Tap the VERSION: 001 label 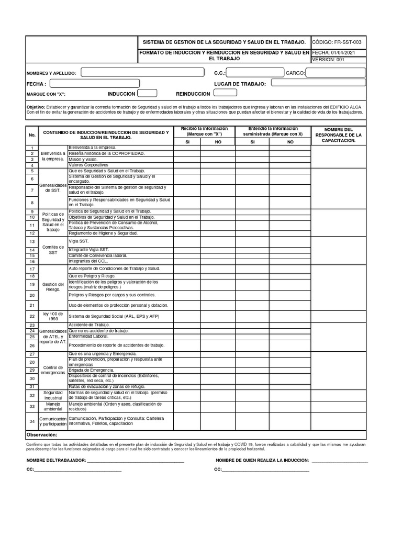(x=328, y=60)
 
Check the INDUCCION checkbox (x=147, y=93)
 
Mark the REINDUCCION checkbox (x=226, y=93)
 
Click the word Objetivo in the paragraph (x=36, y=106)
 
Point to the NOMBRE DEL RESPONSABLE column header (x=338, y=135)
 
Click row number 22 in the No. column (x=32, y=317)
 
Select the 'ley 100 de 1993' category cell (x=53, y=317)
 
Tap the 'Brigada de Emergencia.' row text (x=92, y=370)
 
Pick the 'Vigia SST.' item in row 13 (x=79, y=241)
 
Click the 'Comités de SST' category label (x=53, y=249)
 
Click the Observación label (x=41, y=435)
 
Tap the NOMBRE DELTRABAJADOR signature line (x=135, y=461)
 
